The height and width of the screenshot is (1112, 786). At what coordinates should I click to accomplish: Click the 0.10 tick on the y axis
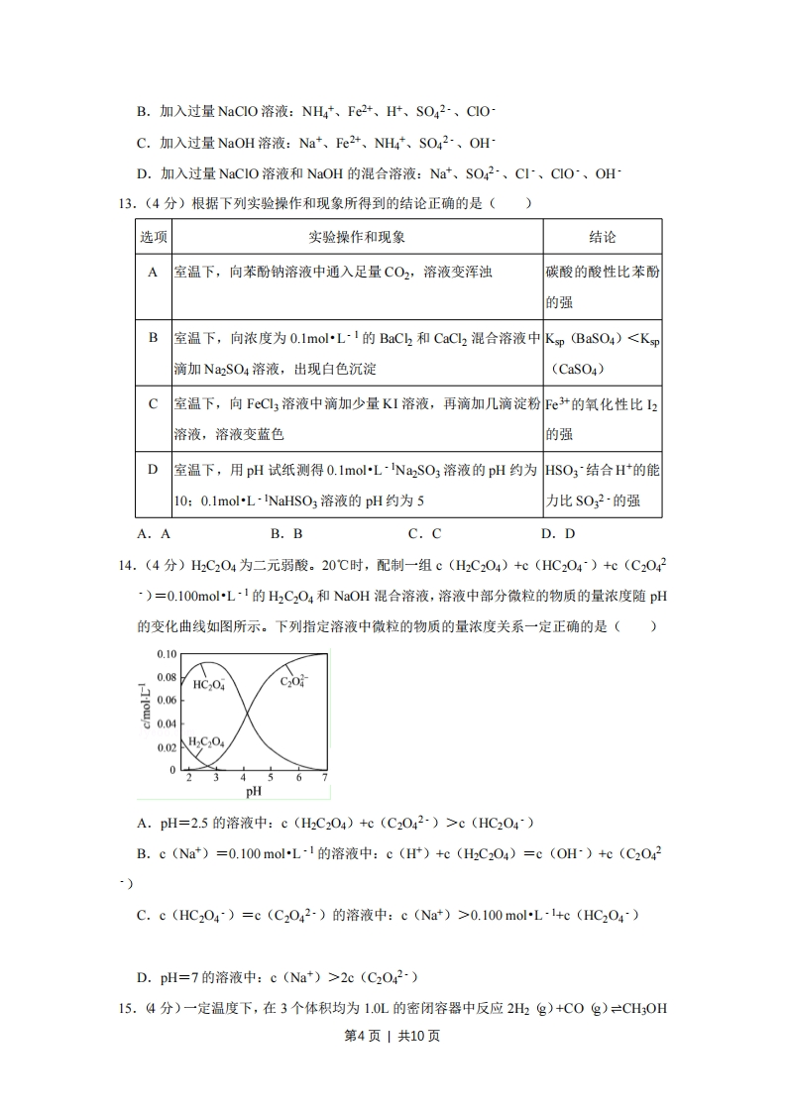(x=166, y=655)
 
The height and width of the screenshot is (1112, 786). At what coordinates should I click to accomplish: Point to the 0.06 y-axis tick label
(x=166, y=701)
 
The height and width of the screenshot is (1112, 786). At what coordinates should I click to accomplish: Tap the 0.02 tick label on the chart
(x=166, y=747)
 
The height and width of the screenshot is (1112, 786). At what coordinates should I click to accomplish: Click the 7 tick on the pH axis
(x=325, y=779)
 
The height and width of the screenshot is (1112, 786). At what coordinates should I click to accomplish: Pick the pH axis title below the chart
(x=253, y=792)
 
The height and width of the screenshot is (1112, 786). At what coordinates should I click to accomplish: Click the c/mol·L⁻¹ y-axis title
(x=145, y=710)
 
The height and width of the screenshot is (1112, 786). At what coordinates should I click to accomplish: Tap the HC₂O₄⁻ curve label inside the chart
(x=209, y=685)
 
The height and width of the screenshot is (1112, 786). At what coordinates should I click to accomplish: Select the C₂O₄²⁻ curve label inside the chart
(x=294, y=681)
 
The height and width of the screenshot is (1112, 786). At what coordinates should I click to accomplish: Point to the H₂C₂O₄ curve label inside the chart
(x=206, y=742)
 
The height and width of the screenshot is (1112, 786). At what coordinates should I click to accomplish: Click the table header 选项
(x=153, y=238)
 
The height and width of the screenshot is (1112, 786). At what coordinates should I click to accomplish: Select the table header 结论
(x=602, y=238)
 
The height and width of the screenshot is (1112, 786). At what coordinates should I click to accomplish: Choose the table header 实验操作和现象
(x=357, y=238)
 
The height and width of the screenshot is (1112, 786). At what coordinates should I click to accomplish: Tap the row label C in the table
(x=153, y=403)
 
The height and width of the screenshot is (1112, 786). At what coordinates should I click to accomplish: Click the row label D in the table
(x=153, y=469)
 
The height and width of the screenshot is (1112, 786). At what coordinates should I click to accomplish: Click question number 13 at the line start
(x=126, y=204)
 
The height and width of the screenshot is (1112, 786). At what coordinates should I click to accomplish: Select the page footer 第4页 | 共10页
(x=393, y=1036)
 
